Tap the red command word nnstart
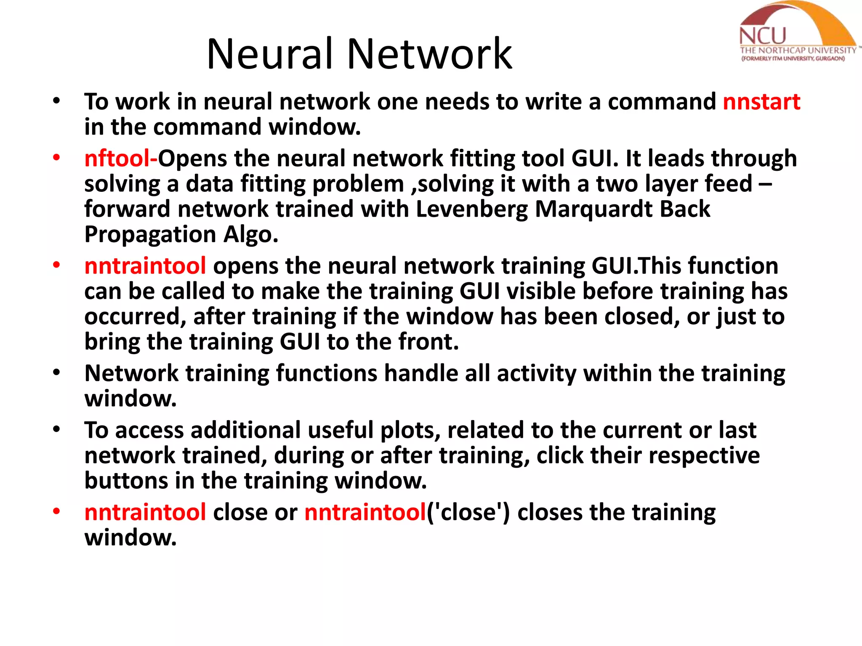pos(761,102)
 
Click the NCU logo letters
pos(762,36)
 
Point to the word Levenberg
pos(472,209)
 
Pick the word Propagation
pos(150,235)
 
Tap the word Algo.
pos(251,234)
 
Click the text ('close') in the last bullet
pos(468,513)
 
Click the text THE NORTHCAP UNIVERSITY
pos(798,50)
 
